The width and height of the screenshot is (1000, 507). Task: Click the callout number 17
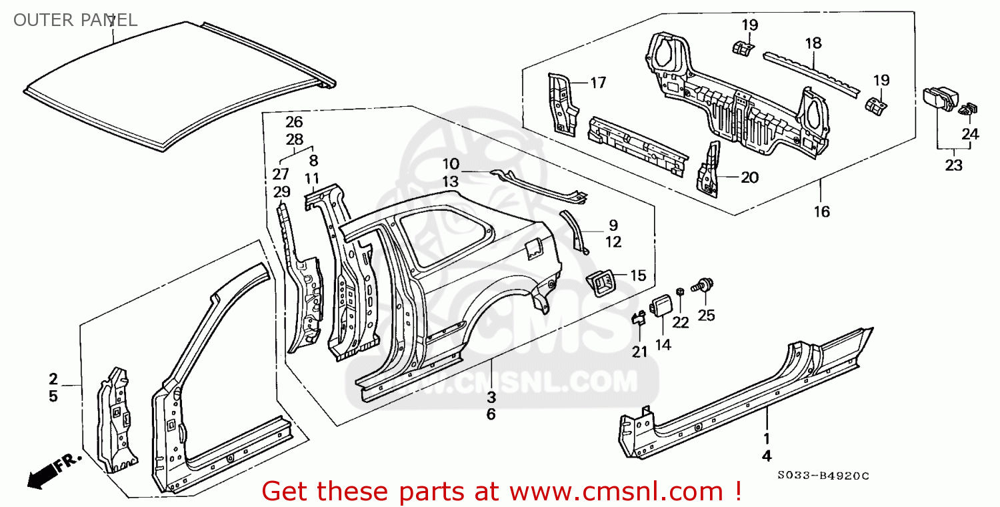click(598, 83)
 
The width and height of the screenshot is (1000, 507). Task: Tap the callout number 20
click(749, 177)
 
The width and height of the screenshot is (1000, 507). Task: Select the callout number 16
click(821, 211)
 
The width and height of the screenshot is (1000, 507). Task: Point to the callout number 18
click(813, 43)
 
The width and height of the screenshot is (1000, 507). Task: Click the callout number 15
click(638, 275)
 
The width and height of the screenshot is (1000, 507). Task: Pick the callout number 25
click(706, 315)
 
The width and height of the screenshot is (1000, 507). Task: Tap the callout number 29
click(281, 191)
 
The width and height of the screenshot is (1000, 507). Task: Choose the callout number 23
click(953, 165)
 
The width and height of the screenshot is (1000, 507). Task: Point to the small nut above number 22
click(680, 292)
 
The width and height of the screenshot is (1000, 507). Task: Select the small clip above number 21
click(639, 318)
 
